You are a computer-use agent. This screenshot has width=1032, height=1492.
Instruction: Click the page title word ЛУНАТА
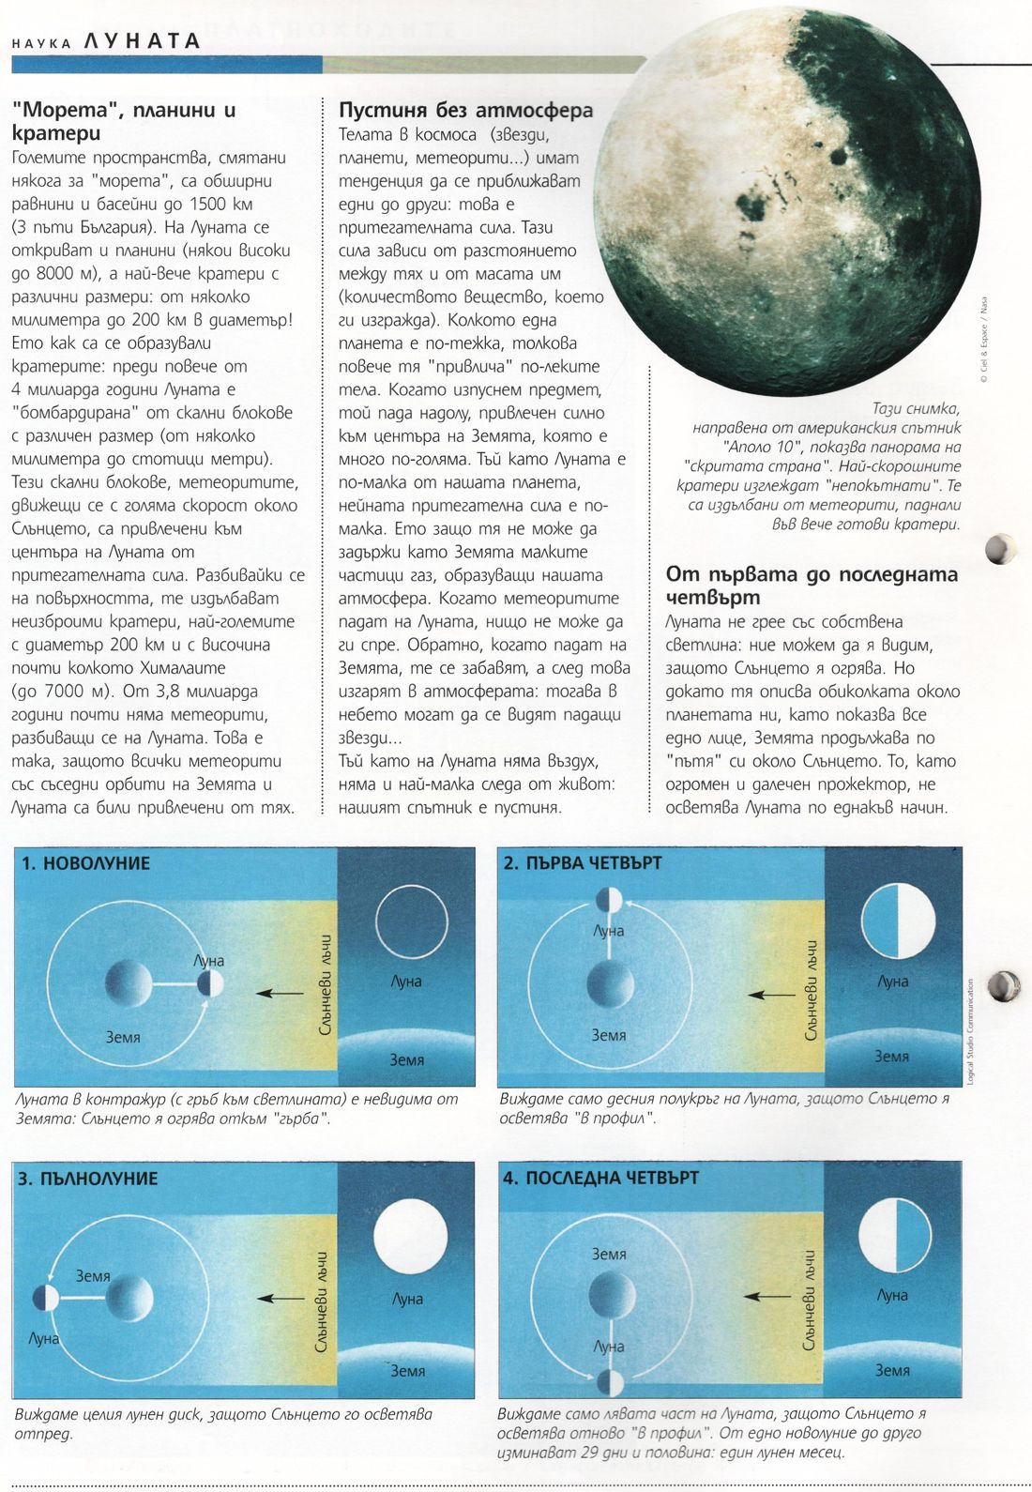pyautogui.click(x=142, y=40)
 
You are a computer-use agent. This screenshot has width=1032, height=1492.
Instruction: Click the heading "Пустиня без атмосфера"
pyautogui.click(x=465, y=110)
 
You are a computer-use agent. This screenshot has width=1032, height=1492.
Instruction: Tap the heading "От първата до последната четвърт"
pyautogui.click(x=812, y=586)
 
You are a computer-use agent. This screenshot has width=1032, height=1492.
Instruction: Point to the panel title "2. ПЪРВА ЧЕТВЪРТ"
pyautogui.click(x=583, y=862)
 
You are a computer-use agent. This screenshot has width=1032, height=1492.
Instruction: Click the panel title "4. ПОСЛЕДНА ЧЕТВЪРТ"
pyautogui.click(x=600, y=1178)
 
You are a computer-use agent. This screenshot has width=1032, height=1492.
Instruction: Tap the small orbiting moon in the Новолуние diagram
pyautogui.click(x=210, y=984)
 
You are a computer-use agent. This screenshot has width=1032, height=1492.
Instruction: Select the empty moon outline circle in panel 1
pyautogui.click(x=412, y=922)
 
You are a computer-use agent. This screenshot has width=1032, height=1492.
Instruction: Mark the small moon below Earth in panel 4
pyautogui.click(x=610, y=1381)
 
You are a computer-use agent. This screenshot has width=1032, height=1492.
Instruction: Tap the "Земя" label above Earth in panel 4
pyautogui.click(x=609, y=1254)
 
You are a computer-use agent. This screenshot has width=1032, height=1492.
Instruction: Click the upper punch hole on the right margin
pyautogui.click(x=1000, y=548)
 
